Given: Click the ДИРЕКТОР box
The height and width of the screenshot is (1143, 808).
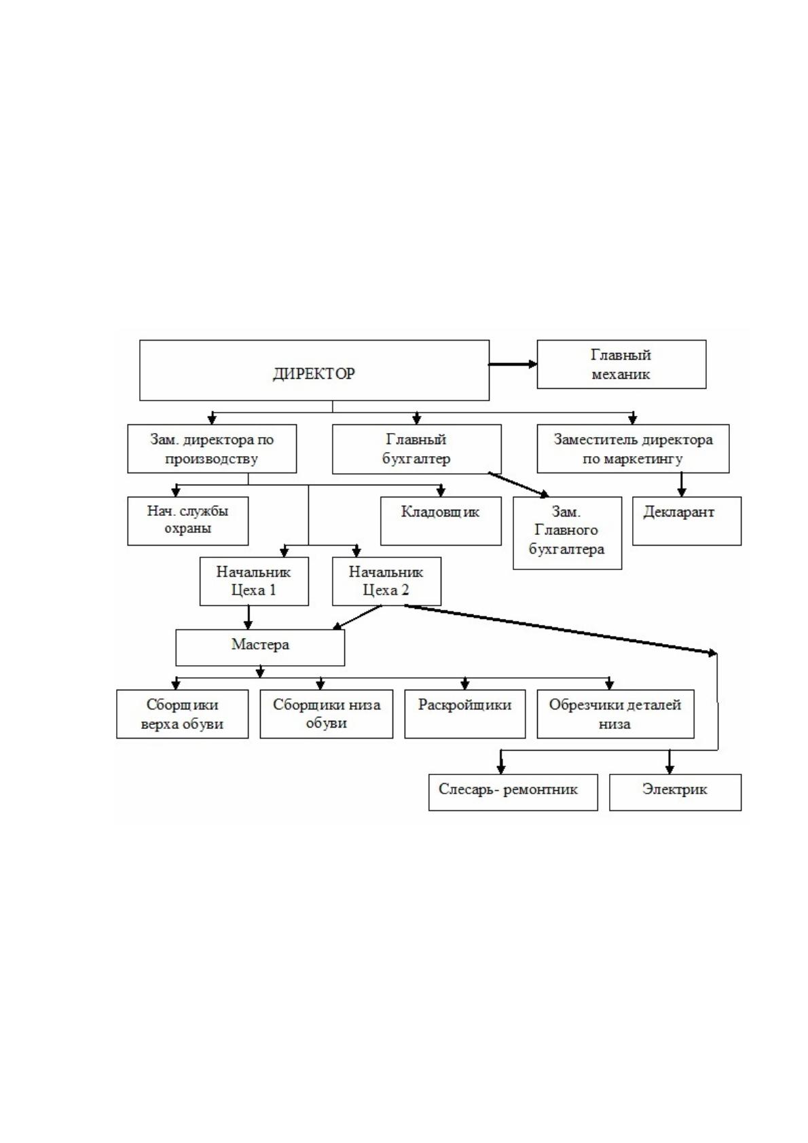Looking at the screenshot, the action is [314, 370].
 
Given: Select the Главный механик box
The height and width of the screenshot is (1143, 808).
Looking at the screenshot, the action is [621, 364].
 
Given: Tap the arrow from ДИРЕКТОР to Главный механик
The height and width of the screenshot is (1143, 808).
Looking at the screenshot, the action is [513, 364].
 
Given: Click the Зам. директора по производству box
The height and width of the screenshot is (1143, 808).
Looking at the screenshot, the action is [212, 449].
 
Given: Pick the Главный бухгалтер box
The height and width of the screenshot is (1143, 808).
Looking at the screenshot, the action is [416, 449].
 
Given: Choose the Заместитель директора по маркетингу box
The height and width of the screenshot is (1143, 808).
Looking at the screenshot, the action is [633, 449].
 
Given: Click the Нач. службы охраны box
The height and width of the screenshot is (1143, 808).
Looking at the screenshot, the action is [188, 521].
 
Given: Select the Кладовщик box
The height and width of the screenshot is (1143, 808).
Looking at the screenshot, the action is [441, 521].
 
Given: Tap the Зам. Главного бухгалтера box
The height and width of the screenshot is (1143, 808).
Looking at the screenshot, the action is [567, 533].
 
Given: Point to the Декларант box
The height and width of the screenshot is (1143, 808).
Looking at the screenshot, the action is [686, 521].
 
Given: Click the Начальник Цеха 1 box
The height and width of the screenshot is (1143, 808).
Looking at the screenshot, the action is [254, 581].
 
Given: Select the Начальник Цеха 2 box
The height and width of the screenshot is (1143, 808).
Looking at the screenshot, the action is [386, 581].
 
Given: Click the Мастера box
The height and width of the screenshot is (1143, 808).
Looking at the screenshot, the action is [260, 647].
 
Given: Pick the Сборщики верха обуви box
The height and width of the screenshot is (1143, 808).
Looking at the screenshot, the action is [182, 714].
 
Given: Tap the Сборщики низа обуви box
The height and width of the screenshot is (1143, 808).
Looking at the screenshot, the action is [326, 714].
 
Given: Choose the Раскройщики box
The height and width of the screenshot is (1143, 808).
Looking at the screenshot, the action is [465, 714].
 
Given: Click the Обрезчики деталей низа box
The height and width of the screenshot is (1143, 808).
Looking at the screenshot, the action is [616, 714].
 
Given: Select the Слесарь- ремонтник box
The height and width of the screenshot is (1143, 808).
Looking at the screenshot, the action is [513, 793].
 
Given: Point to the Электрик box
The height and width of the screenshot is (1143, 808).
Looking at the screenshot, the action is [676, 793].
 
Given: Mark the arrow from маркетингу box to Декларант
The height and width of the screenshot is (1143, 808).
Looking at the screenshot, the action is [681, 485].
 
